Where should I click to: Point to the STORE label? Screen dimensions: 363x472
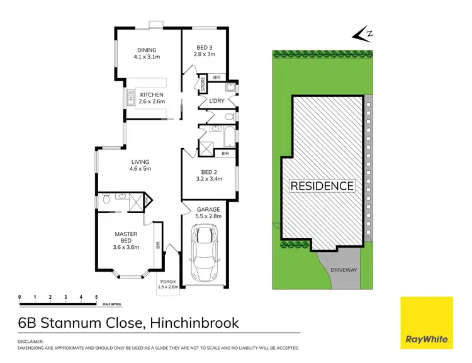(x=203, y=84)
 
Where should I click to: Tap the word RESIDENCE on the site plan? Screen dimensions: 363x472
(x=322, y=186)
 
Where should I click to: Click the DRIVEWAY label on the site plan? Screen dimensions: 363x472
(x=343, y=270)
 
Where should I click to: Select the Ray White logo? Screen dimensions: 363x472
(x=426, y=322)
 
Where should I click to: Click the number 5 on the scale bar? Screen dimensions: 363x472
(x=96, y=296)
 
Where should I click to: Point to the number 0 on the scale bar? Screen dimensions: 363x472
(x=20, y=296)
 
